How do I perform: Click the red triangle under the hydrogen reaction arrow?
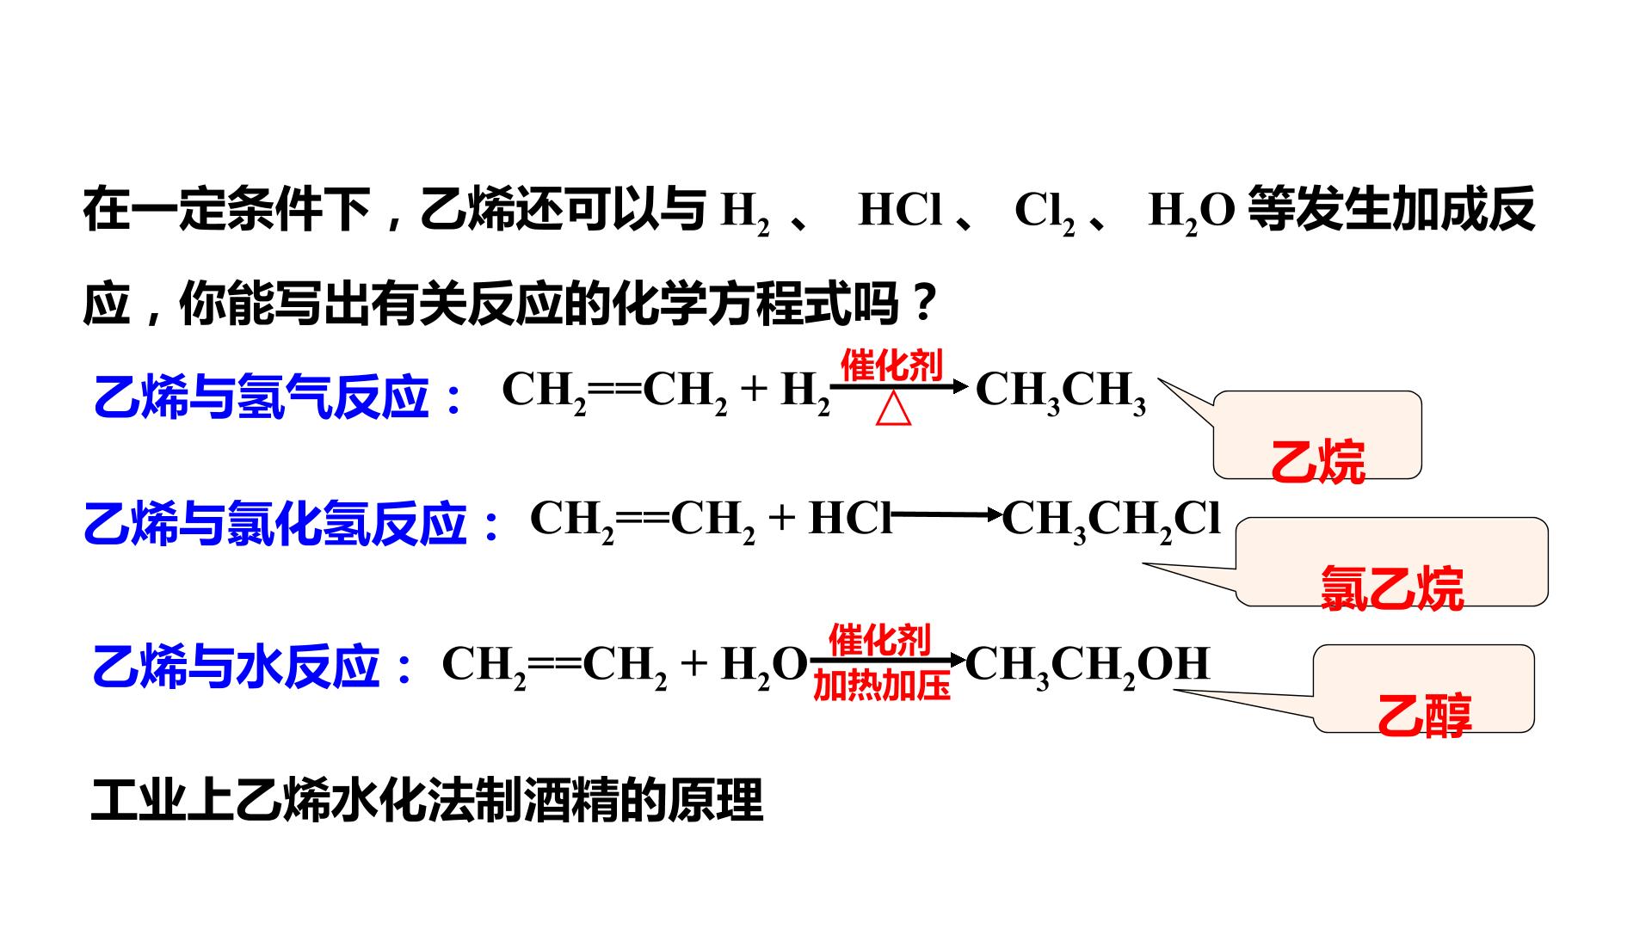pos(894,410)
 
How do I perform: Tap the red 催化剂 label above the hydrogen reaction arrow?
pos(891,366)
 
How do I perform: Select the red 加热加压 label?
pos(882,686)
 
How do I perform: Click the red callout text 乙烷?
pos(1317,462)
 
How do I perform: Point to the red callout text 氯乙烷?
pos(1391,588)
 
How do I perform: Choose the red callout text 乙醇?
pos(1424,716)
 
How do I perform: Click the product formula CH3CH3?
pos(1061,392)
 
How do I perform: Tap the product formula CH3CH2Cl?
pos(1111,520)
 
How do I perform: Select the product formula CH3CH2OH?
pos(1088,666)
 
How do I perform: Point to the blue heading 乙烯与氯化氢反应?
pos(292,524)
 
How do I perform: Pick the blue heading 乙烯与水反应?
pos(254,667)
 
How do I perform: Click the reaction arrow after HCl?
pos(947,515)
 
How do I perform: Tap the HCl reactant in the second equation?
pos(850,518)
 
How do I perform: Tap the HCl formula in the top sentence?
pos(901,210)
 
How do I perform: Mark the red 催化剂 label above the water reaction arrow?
pos(879,641)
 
